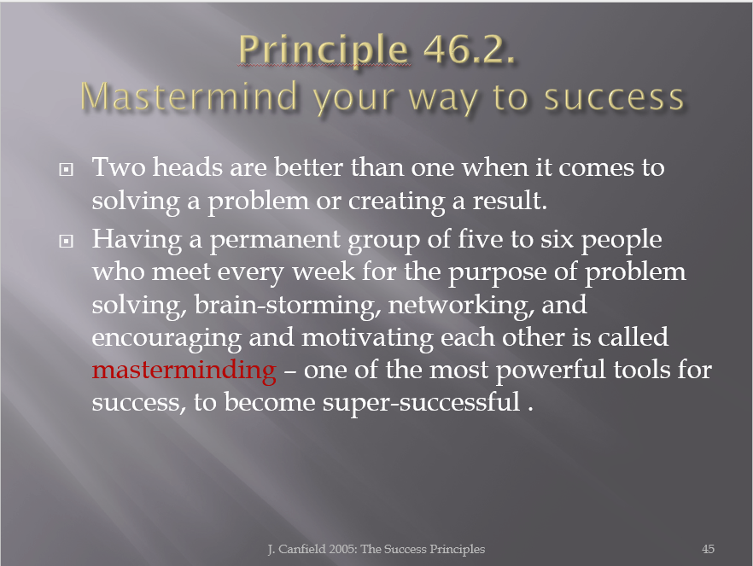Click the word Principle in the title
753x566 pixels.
point(324,50)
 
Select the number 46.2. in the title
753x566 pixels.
point(470,49)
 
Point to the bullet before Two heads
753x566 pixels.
point(67,170)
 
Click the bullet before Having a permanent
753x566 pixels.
point(67,241)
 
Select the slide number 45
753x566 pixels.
point(708,549)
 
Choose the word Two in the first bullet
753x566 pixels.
point(119,167)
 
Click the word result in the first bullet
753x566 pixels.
point(510,200)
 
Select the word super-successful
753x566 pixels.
point(421,403)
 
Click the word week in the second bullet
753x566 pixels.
point(324,272)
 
